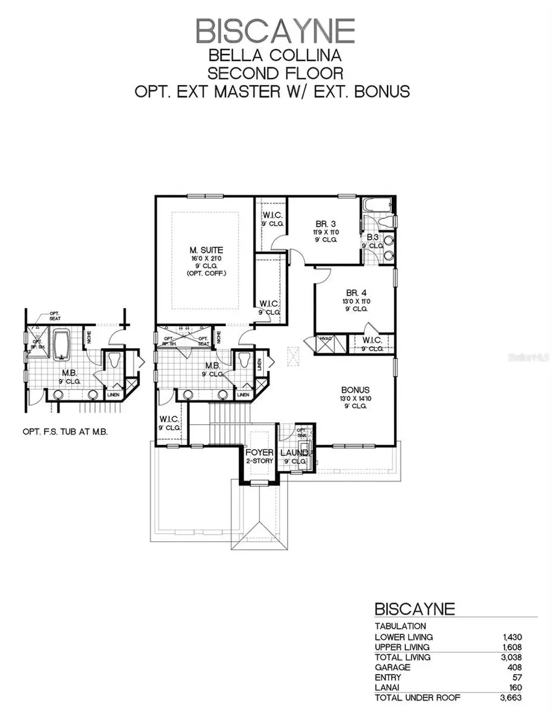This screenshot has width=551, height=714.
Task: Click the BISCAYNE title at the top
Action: (275, 31)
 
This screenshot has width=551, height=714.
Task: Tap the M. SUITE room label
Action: (206, 250)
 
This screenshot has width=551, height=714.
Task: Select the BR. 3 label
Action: (323, 224)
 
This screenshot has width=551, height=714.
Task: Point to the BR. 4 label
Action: (354, 293)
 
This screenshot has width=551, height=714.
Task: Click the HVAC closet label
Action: (324, 338)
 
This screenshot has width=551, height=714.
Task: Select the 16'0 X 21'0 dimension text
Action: (206, 259)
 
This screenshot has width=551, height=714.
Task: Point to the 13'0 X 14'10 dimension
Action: (355, 398)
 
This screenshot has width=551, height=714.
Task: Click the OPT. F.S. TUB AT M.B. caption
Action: (65, 431)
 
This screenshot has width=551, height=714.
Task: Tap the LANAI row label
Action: (388, 688)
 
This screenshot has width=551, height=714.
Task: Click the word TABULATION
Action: (400, 626)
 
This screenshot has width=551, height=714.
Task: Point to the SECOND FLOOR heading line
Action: (275, 73)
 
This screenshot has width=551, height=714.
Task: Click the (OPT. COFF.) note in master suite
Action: (206, 273)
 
